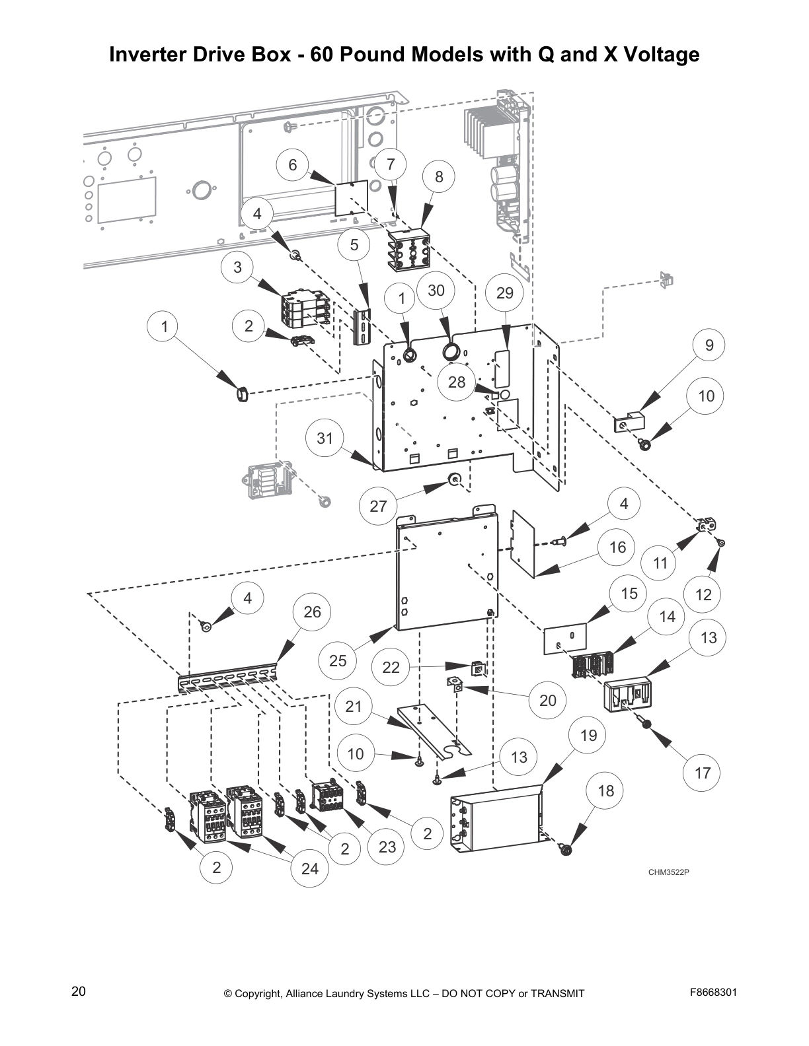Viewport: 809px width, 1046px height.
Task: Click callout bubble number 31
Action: (x=325, y=437)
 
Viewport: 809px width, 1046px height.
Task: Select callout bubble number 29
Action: (x=504, y=292)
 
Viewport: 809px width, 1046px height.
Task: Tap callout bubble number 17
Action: (x=702, y=772)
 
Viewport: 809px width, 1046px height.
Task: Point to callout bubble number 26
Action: (x=312, y=611)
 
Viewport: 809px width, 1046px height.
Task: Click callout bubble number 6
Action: (x=293, y=164)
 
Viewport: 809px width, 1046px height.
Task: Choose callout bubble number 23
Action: (x=387, y=846)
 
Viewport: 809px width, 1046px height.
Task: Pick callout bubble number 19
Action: (x=588, y=735)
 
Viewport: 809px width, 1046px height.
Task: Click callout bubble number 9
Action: (x=709, y=345)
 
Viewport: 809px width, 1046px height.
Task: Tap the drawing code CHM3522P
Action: (x=668, y=872)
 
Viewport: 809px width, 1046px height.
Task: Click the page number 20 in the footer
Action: (x=79, y=992)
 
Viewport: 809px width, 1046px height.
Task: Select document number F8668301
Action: (x=713, y=992)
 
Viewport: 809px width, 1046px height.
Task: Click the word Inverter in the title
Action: (x=149, y=54)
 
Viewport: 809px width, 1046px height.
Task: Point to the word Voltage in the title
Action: (x=658, y=54)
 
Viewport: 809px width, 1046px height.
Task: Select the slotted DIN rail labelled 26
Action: (x=228, y=677)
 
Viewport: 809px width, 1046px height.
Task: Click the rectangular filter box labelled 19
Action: (x=499, y=819)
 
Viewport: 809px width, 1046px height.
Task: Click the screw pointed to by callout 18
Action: (x=565, y=850)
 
